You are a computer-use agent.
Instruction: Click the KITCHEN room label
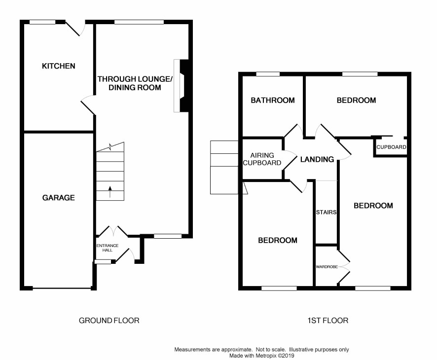59,66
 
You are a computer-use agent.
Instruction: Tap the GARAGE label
59,198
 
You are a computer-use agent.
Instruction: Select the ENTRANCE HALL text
108,248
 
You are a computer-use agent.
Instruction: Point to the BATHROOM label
273,100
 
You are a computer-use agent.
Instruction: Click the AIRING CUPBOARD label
262,159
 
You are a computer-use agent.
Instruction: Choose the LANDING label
317,159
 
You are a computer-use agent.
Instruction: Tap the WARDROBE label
327,267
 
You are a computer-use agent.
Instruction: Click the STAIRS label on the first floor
326,213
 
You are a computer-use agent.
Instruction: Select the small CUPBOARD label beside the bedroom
391,147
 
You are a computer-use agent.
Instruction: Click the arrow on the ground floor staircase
110,192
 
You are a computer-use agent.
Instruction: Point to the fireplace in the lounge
182,85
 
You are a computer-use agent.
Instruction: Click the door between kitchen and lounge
88,105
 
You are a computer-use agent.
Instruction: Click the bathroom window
268,74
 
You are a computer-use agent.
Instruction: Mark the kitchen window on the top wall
42,22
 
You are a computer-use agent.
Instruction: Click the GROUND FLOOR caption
109,321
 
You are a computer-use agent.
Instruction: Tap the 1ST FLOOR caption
328,321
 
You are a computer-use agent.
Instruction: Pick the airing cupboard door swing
290,160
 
